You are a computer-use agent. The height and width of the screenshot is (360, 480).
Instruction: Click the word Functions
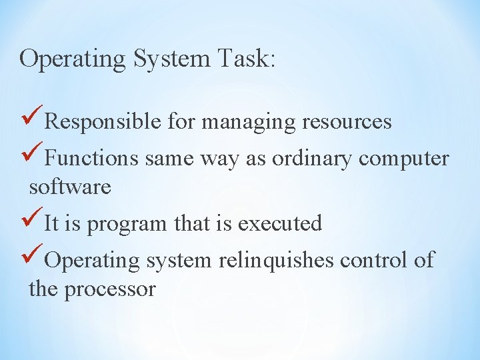click(92, 159)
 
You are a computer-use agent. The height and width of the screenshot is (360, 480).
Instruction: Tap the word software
click(70, 187)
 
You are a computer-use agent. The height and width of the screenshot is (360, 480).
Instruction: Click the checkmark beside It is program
click(33, 220)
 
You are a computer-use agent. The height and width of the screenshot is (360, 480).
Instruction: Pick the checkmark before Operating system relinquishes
click(33, 257)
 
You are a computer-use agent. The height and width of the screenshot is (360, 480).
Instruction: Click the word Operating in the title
click(73, 59)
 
